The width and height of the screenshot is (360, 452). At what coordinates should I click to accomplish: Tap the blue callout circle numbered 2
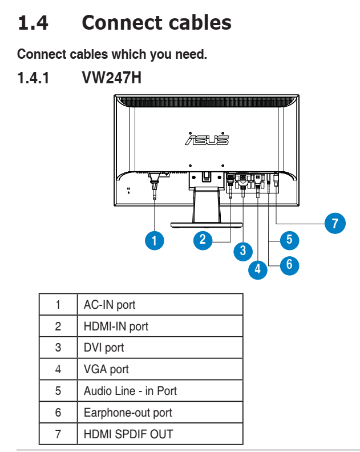click(x=203, y=239)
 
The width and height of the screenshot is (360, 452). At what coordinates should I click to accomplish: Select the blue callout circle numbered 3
click(x=243, y=250)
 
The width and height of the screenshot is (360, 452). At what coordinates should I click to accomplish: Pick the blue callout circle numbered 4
click(x=258, y=269)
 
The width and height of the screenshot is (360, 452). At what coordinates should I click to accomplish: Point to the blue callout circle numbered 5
click(x=289, y=239)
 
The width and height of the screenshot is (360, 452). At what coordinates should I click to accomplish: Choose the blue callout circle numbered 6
click(x=289, y=264)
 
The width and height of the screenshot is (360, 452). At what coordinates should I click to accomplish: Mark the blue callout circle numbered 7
click(x=335, y=223)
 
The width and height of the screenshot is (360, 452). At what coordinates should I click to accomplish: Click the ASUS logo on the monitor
click(x=207, y=139)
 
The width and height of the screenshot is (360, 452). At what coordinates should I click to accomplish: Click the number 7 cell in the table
click(x=58, y=434)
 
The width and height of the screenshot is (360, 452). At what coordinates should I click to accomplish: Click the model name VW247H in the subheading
click(x=111, y=77)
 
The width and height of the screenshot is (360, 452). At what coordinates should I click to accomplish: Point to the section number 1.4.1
click(x=34, y=77)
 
